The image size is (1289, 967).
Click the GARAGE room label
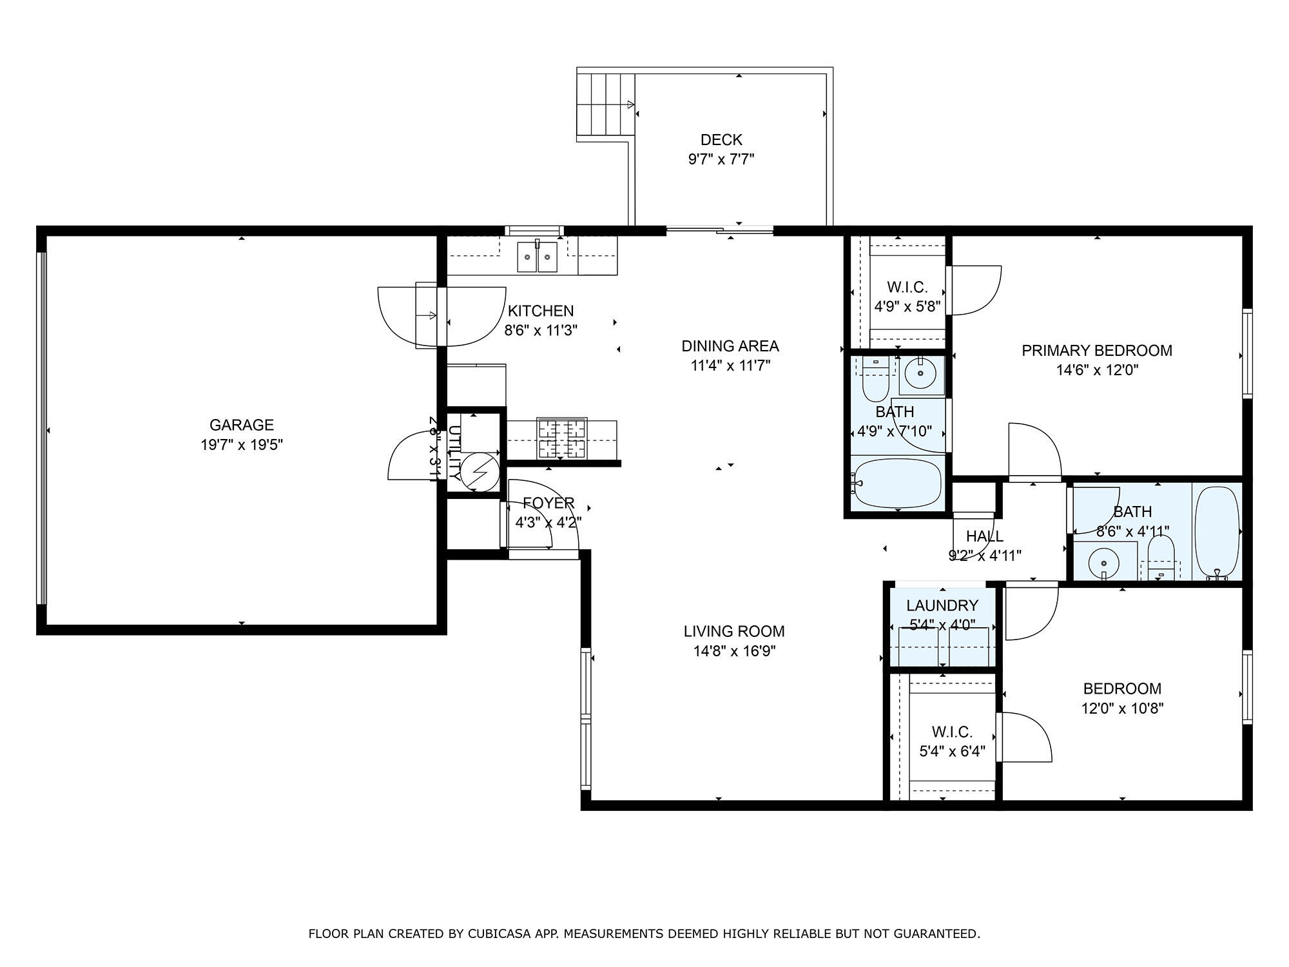click(x=241, y=425)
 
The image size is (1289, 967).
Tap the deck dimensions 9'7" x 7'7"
click(x=721, y=159)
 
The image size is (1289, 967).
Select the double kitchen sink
click(x=537, y=257)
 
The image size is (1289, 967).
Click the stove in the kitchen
click(x=561, y=439)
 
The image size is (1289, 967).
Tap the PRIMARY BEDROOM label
click(x=1096, y=351)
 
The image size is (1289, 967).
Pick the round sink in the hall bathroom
click(x=1103, y=562)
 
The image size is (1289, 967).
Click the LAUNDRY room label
click(x=942, y=605)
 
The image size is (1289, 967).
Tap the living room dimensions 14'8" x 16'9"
click(x=734, y=651)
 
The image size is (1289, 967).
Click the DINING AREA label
click(x=730, y=346)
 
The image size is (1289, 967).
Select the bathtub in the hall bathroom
click(x=1217, y=532)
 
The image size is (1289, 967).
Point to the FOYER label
click(x=548, y=503)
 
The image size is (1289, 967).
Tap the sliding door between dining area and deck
click(x=719, y=230)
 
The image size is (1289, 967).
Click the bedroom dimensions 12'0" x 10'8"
click(x=1121, y=708)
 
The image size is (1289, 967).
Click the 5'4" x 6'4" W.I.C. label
click(x=952, y=751)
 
